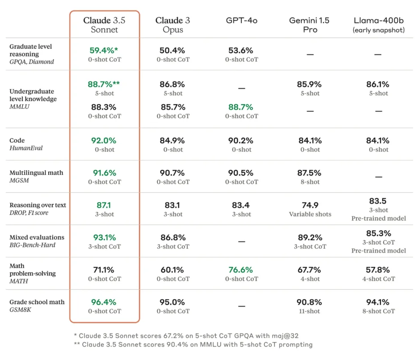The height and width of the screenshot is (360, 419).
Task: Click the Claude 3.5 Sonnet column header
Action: [x=104, y=25]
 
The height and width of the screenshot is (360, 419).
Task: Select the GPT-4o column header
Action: [x=241, y=21]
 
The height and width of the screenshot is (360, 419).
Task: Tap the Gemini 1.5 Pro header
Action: [x=310, y=25]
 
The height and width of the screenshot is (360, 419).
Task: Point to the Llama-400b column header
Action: [x=378, y=25]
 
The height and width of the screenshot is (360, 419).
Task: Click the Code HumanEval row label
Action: [x=26, y=144]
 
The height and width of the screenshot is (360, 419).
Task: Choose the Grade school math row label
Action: [x=37, y=306]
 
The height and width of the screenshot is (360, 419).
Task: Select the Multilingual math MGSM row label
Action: [x=36, y=176]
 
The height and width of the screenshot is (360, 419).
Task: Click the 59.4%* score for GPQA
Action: [x=104, y=51]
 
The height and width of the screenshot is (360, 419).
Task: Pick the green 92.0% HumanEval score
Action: [x=104, y=140]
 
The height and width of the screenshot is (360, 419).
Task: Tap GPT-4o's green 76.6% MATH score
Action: [x=241, y=270]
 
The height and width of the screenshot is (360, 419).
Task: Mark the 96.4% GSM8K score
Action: [x=104, y=302]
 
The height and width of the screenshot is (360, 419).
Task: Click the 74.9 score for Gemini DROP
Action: [x=310, y=205]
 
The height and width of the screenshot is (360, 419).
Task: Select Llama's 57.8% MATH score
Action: [x=378, y=270]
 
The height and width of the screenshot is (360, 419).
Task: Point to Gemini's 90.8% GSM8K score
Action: [x=310, y=302]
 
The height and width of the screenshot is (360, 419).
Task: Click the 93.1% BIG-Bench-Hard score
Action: [x=104, y=237]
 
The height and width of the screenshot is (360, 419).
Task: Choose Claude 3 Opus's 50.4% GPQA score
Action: [x=173, y=51]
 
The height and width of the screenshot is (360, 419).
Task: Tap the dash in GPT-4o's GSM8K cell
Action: [x=241, y=306]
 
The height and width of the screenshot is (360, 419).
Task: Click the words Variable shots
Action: [x=310, y=214]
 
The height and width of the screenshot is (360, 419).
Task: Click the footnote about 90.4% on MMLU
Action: [x=193, y=344]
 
